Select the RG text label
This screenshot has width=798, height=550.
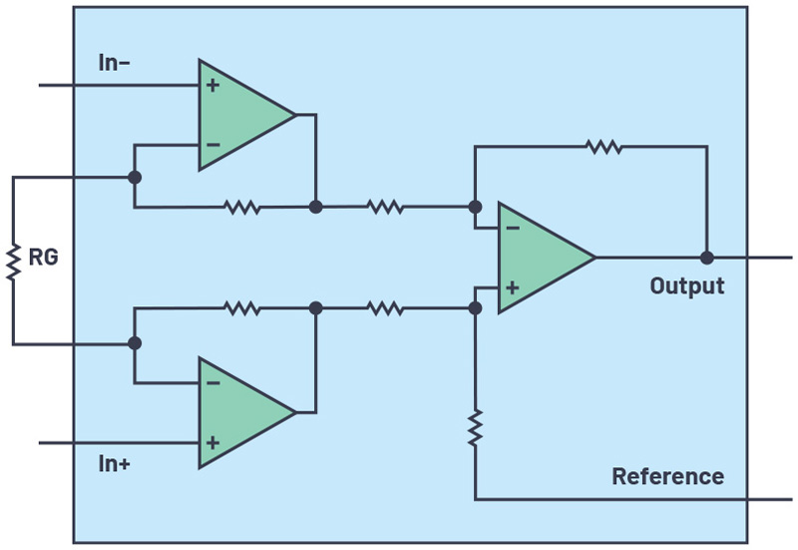(x=43, y=258)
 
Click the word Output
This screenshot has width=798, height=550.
(x=686, y=285)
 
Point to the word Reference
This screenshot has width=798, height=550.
(x=667, y=476)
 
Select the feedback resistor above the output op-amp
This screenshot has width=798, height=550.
(x=604, y=147)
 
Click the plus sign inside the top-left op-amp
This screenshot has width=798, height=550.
(x=212, y=86)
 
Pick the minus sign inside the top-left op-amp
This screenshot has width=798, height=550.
(x=212, y=145)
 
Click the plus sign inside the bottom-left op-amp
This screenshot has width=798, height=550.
(x=212, y=440)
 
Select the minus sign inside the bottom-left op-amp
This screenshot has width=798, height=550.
(x=212, y=382)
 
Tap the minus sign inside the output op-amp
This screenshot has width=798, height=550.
(x=513, y=229)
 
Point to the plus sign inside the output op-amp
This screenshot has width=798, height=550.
(x=513, y=287)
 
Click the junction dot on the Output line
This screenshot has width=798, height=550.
(x=706, y=258)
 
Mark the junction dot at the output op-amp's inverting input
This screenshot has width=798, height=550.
(x=476, y=208)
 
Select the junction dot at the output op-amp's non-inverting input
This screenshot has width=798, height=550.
(x=476, y=308)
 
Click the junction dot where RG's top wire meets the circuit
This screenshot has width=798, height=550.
(x=135, y=178)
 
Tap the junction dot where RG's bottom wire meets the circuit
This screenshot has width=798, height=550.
(x=135, y=343)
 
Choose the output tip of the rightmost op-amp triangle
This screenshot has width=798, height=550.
(x=596, y=258)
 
